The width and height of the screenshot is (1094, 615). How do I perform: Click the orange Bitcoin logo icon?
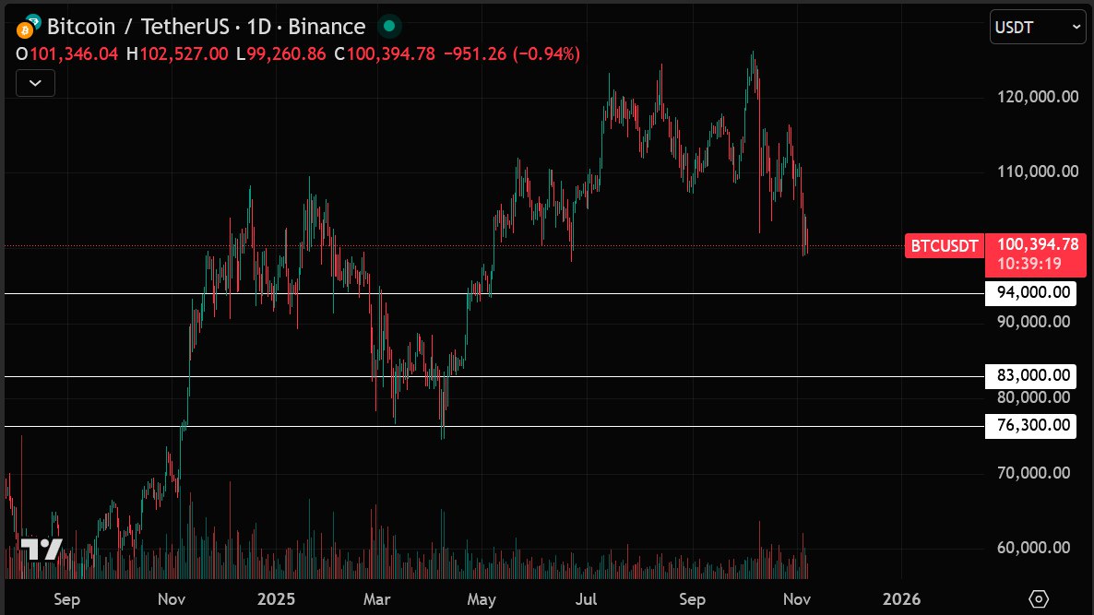pos(25,28)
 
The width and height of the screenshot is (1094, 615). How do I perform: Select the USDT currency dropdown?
pos(1038,27)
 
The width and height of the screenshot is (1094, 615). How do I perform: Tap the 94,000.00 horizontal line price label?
pos(1031,293)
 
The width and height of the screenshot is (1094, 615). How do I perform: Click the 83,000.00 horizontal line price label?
pos(1031,376)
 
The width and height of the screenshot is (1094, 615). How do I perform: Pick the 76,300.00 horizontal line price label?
pos(1031,426)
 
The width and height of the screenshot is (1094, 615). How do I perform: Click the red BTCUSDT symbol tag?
pos(944,245)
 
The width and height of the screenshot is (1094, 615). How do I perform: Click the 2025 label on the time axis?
pos(277,599)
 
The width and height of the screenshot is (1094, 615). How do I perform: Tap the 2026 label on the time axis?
pos(900,599)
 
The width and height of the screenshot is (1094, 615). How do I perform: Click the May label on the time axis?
pos(482,599)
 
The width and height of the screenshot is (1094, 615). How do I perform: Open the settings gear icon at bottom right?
pos(1039,599)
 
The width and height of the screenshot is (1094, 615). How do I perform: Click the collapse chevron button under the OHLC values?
pos(35,83)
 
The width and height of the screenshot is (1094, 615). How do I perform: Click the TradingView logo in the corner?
pos(42,550)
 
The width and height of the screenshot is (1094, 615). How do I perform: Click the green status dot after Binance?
pos(390,27)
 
